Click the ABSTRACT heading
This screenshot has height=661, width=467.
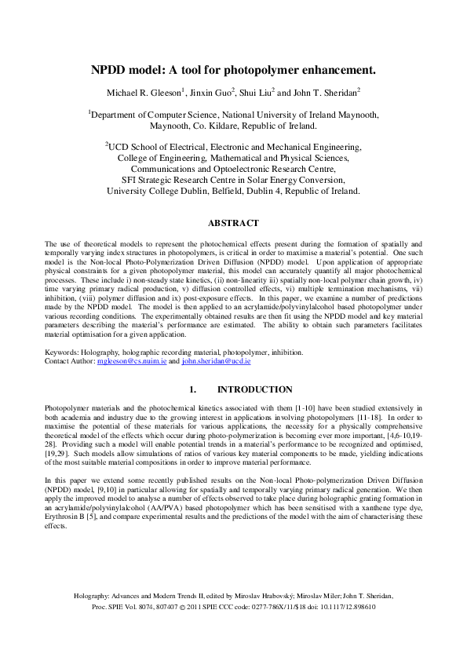(233, 222)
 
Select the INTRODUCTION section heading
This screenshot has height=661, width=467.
(255, 389)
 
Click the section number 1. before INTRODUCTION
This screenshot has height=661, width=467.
(192, 389)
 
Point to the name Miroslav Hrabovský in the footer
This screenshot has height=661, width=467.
(271, 596)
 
